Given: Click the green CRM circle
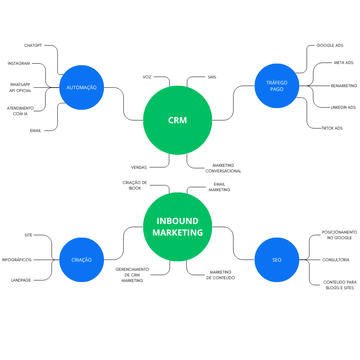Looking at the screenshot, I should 178,120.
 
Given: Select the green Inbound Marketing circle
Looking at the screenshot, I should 178,226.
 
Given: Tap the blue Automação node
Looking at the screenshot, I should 81,87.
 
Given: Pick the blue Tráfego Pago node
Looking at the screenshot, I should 277,86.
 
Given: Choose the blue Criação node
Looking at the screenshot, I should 81,260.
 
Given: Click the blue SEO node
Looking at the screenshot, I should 277,260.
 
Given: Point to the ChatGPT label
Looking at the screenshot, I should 33,46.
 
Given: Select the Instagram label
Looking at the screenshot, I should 19,64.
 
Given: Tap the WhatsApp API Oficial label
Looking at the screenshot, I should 20,88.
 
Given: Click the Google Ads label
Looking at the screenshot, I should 330,46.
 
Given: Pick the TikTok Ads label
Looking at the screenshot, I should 332,128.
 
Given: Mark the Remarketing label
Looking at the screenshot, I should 344,86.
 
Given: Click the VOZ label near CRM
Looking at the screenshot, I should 147,76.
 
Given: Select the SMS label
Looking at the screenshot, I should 212,77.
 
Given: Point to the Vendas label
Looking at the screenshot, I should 139,167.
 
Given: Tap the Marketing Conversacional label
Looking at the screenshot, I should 223,168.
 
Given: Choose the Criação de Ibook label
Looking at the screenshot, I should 135,185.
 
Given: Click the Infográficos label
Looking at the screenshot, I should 17,260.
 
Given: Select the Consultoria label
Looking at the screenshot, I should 336,260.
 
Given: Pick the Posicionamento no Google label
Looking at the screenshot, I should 339,235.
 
